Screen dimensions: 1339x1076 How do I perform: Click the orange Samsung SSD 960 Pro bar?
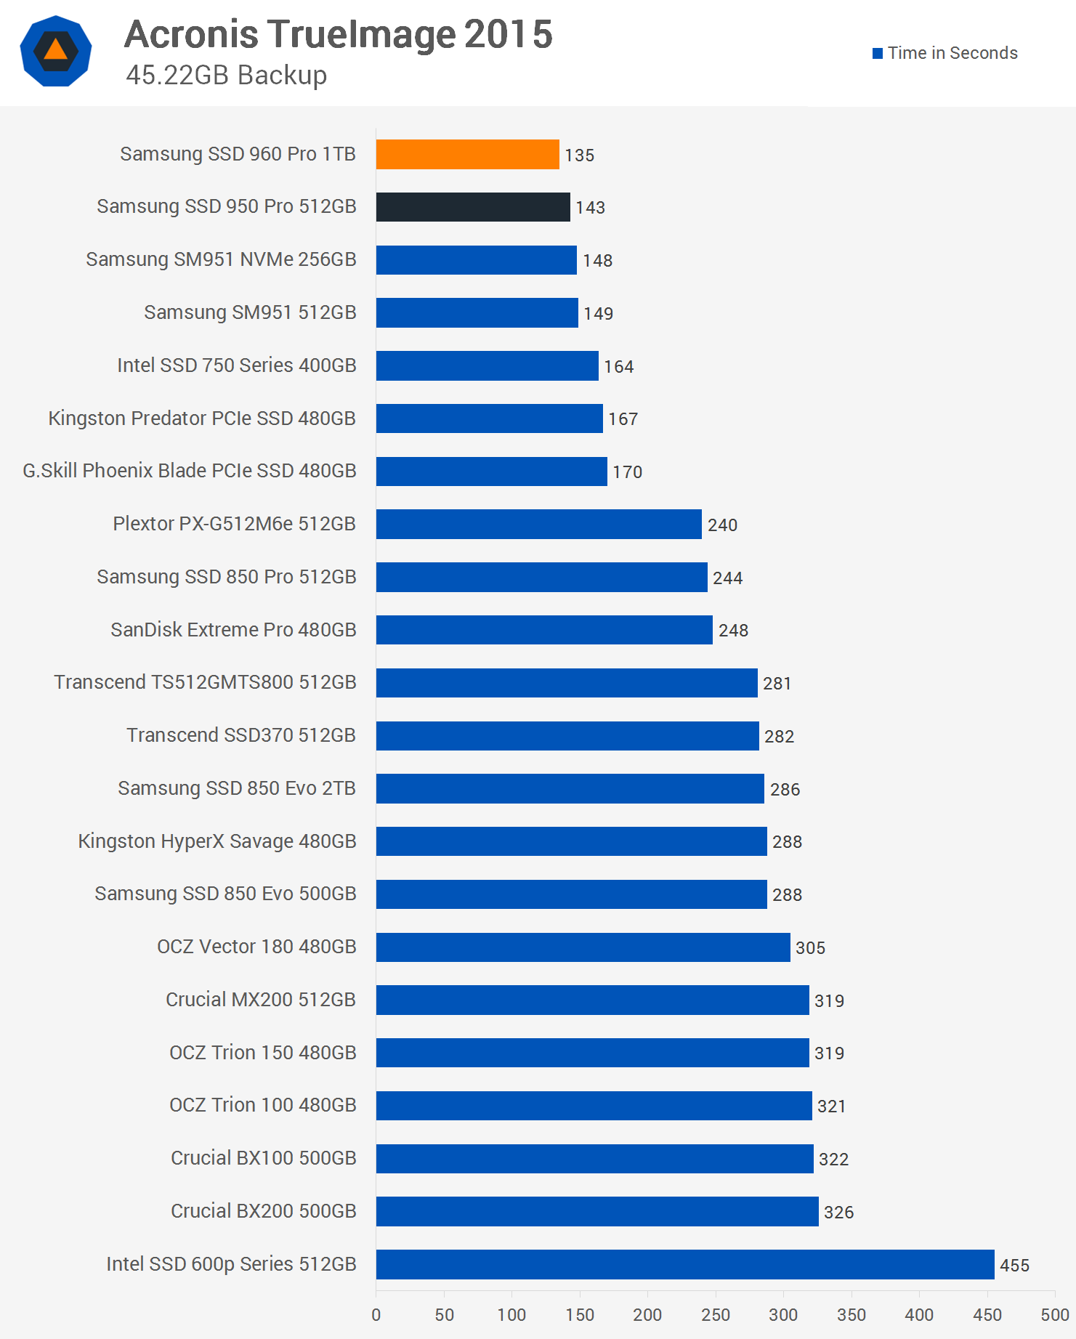(467, 154)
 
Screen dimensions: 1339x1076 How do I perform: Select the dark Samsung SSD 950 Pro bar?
(473, 207)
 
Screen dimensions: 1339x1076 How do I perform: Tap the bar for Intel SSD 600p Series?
(684, 1264)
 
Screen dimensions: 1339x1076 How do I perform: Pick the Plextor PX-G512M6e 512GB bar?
(538, 524)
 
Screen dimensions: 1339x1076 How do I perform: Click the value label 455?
(1014, 1266)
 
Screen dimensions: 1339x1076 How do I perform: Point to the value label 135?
(579, 155)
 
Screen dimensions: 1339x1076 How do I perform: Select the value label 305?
(810, 947)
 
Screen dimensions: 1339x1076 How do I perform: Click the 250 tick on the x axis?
(716, 1314)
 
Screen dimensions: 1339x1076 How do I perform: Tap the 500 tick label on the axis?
(1054, 1314)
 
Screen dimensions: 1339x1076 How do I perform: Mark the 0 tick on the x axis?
(376, 1314)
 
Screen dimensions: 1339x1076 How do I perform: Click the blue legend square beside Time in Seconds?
(878, 53)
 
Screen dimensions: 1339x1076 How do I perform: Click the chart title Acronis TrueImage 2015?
(339, 34)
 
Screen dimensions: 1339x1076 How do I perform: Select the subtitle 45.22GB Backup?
(226, 75)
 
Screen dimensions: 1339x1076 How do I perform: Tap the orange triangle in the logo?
(56, 50)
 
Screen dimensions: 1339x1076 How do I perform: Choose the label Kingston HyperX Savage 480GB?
(217, 841)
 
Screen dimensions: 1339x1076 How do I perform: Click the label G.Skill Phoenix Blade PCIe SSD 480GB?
(190, 471)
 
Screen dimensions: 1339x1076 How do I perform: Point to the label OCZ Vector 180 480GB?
(256, 947)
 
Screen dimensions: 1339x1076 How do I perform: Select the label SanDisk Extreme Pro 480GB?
(233, 629)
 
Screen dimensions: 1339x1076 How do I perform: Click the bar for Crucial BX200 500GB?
(597, 1211)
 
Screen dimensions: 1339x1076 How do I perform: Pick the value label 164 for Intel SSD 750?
(618, 367)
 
